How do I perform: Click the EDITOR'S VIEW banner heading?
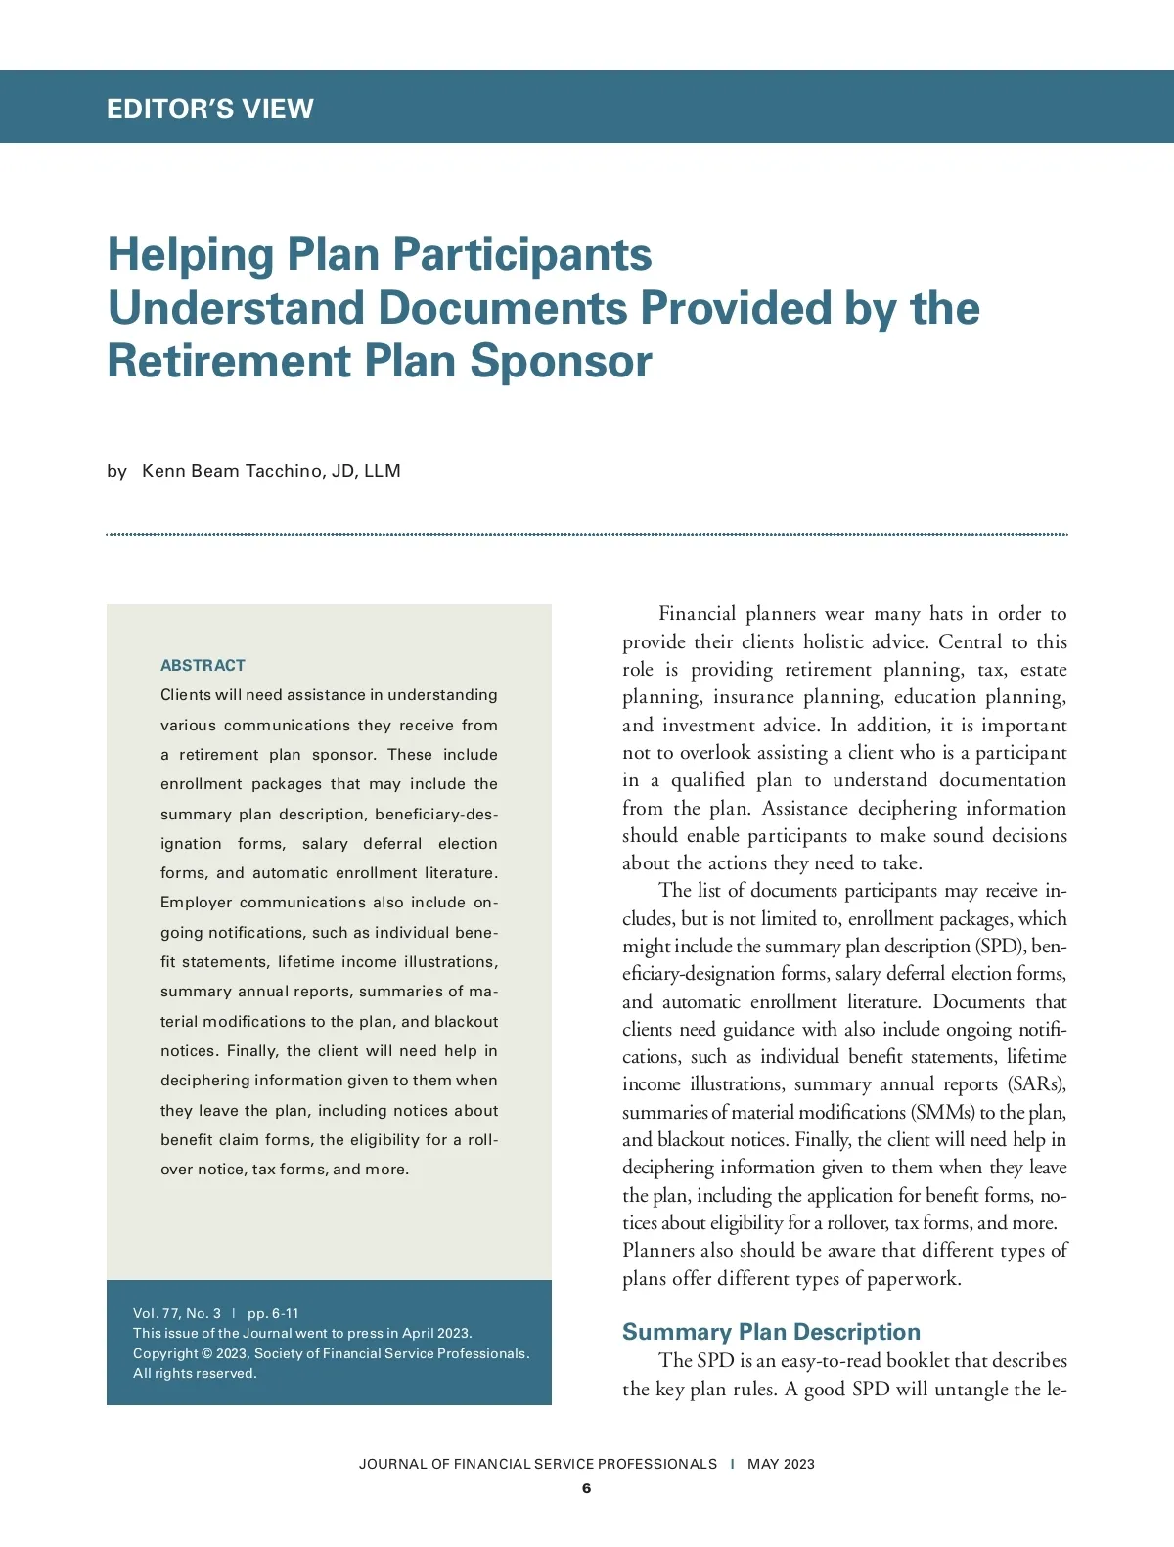(x=209, y=109)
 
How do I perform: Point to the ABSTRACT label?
(x=203, y=666)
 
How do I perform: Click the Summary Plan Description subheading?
(x=771, y=1332)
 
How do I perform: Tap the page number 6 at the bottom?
(x=586, y=1488)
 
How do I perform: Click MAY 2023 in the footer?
(x=781, y=1464)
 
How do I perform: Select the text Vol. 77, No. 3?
(x=177, y=1313)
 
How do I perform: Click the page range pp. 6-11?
(x=273, y=1313)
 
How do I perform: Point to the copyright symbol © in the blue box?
(x=206, y=1353)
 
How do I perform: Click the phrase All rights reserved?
(x=195, y=1373)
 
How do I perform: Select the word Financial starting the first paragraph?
(x=697, y=614)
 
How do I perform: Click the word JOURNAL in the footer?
(x=393, y=1464)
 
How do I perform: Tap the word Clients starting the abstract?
(x=186, y=695)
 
